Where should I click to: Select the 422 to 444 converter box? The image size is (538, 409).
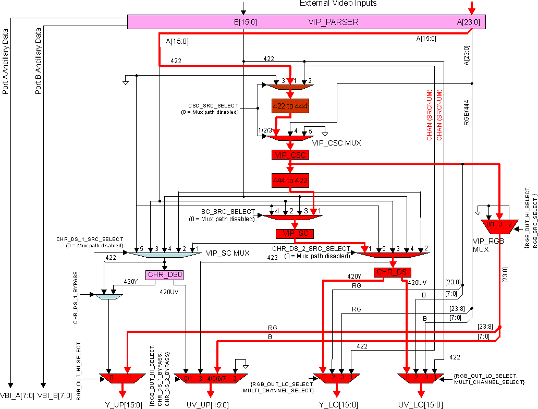click(x=290, y=106)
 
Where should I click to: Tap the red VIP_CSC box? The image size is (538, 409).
click(x=290, y=154)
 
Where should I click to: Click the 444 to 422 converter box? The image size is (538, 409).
click(x=290, y=181)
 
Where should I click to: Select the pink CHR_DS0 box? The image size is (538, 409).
click(x=165, y=275)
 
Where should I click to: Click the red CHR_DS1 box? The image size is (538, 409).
click(x=393, y=272)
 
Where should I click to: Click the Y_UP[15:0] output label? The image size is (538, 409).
click(x=123, y=404)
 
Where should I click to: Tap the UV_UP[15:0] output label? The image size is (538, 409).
click(x=207, y=404)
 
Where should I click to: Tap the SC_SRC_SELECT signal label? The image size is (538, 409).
click(x=228, y=212)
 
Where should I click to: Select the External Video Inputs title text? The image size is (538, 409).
click(x=338, y=4)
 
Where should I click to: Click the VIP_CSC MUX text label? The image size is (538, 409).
click(x=337, y=142)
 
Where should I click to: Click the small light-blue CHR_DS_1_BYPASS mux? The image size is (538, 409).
click(x=108, y=296)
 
